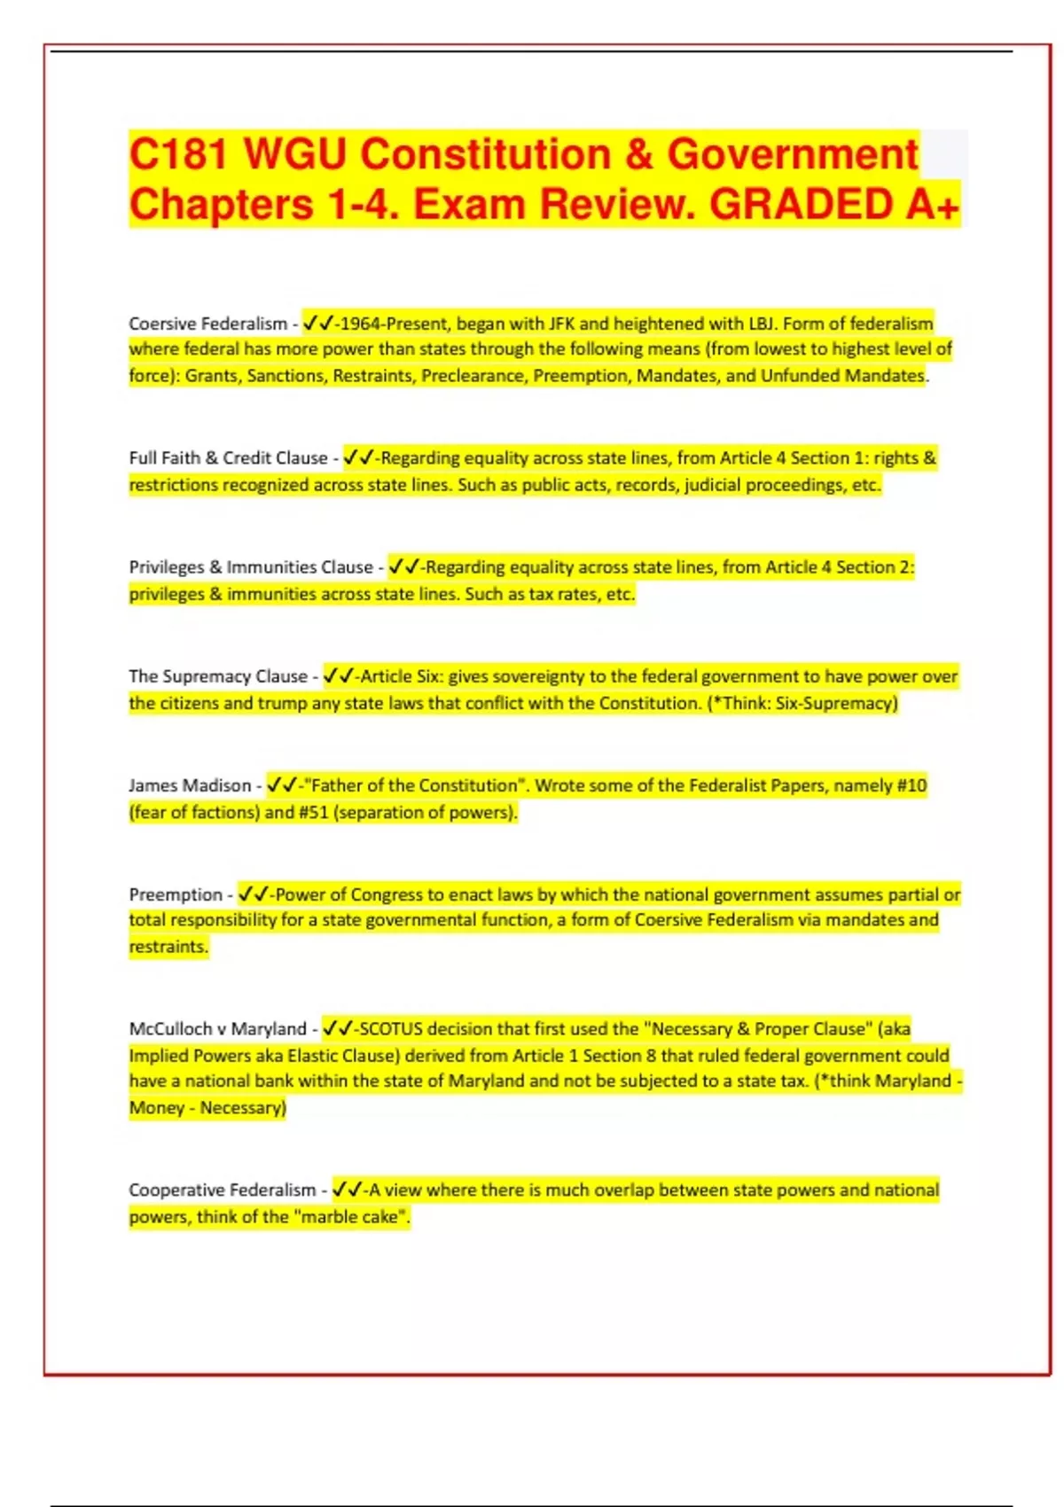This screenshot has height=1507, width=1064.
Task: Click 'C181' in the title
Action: (179, 153)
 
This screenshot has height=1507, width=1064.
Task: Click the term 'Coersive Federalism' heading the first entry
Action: (207, 324)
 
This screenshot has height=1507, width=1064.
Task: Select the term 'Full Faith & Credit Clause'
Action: (228, 458)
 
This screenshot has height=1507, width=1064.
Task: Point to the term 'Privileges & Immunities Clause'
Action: (251, 567)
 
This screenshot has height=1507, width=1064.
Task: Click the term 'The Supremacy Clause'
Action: (217, 676)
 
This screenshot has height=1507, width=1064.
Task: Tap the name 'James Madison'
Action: (190, 785)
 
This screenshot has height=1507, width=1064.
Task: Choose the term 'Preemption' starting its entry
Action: (176, 894)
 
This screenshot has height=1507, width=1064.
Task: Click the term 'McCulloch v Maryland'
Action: (217, 1029)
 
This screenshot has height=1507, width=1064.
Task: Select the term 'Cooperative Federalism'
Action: (222, 1190)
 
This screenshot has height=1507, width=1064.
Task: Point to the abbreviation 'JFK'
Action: (561, 324)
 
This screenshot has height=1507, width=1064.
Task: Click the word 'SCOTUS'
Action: (391, 1029)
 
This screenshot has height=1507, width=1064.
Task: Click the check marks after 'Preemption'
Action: (254, 894)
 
